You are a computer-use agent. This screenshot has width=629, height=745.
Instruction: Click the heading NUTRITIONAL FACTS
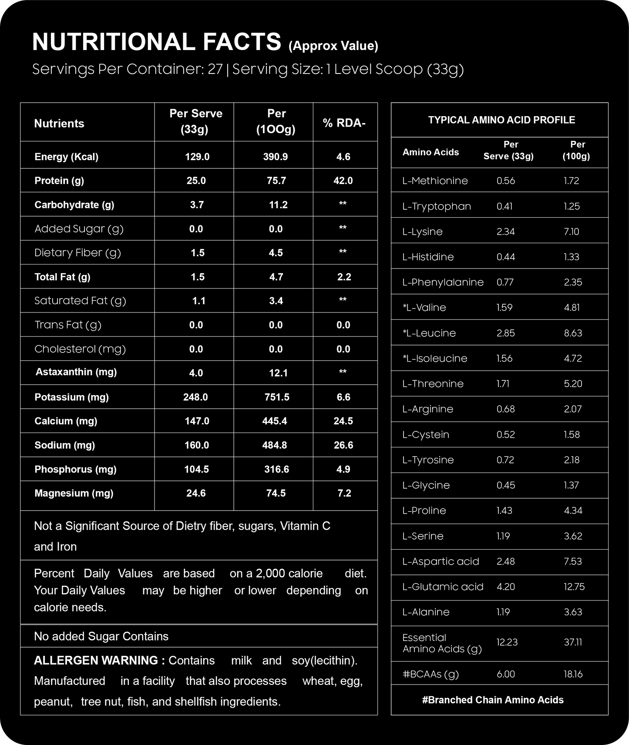(x=156, y=42)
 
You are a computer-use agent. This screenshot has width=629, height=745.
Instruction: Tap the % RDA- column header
(x=344, y=123)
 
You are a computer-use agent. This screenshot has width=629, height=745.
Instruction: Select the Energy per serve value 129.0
(x=197, y=157)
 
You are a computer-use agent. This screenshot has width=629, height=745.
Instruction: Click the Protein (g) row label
(x=59, y=181)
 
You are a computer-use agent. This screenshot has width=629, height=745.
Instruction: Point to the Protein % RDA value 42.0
(x=343, y=181)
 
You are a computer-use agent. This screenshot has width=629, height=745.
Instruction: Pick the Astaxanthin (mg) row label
(x=76, y=372)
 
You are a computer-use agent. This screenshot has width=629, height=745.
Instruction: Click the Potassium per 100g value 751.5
(x=277, y=397)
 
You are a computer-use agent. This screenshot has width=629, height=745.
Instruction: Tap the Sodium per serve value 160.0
(x=197, y=445)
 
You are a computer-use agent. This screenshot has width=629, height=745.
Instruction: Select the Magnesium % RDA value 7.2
(x=344, y=493)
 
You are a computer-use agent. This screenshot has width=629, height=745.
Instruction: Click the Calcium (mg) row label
(x=66, y=421)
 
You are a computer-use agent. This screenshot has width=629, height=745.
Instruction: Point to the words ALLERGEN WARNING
(x=99, y=660)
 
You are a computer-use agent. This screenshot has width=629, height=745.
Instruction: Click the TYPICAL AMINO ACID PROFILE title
(x=501, y=120)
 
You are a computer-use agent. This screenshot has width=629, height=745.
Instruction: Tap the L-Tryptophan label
(x=437, y=206)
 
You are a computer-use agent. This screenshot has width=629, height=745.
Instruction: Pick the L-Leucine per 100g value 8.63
(x=573, y=333)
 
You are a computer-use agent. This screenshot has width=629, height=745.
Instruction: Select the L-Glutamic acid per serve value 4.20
(x=506, y=587)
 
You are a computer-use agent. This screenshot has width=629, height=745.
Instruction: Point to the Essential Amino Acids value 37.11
(x=573, y=642)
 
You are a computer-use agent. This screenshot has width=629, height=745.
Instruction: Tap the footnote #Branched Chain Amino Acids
(x=493, y=700)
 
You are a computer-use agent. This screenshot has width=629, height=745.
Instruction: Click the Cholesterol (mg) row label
(x=80, y=349)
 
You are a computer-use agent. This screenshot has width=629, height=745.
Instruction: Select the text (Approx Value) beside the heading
(x=333, y=46)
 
